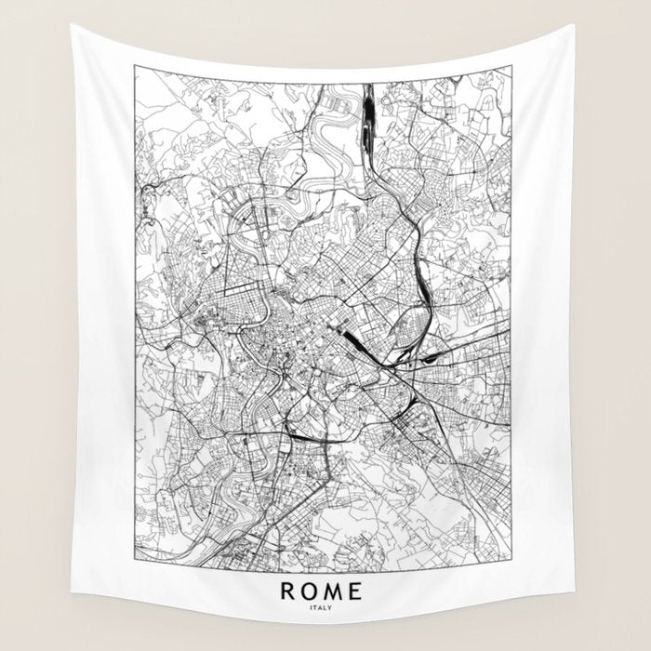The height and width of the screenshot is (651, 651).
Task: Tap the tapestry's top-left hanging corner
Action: tap(72, 26)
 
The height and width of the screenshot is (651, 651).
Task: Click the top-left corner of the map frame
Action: tap(134, 66)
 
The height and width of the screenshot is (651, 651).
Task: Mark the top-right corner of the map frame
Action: tap(512, 66)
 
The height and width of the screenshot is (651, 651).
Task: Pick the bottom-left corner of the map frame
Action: tap(134, 562)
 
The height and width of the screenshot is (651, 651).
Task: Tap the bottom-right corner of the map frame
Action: tap(512, 562)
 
